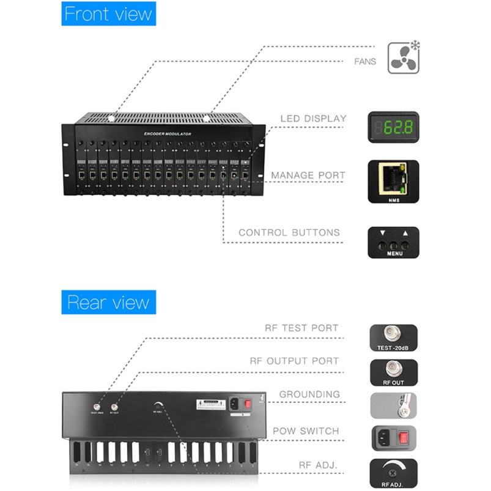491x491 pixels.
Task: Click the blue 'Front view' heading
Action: click(108, 14)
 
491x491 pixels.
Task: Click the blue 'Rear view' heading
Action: click(108, 302)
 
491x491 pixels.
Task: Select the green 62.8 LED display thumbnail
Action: click(393, 127)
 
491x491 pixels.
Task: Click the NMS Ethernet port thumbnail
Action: click(393, 181)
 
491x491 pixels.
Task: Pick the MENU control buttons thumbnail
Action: click(393, 242)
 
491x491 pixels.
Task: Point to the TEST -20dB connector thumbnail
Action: click(393, 337)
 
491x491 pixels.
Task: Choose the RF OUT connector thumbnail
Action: click(393, 372)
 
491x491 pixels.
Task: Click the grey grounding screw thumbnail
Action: click(393, 405)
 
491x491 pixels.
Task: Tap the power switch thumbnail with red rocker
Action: click(393, 439)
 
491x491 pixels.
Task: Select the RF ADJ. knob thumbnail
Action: click(393, 473)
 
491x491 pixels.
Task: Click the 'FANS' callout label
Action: click(365, 62)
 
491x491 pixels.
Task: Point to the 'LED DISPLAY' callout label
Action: click(313, 119)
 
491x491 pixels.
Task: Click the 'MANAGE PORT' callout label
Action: click(308, 175)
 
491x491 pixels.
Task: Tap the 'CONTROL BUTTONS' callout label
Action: click(289, 232)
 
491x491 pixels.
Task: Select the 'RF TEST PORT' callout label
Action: click(301, 328)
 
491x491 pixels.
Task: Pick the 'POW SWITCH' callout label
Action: click(306, 431)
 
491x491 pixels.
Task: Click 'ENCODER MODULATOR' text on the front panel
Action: click(168, 133)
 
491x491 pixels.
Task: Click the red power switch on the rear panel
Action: click(249, 404)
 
